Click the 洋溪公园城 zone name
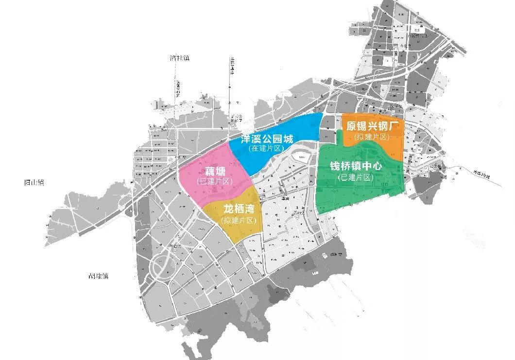point(268,139)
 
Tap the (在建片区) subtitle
point(265,148)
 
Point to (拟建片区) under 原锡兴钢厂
point(372,137)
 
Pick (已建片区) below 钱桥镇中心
point(356,177)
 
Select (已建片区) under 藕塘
point(214,181)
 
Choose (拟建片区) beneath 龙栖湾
point(238,221)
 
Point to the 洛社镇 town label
point(180,58)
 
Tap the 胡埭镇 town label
point(98,275)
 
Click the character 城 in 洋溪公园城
point(289,139)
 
